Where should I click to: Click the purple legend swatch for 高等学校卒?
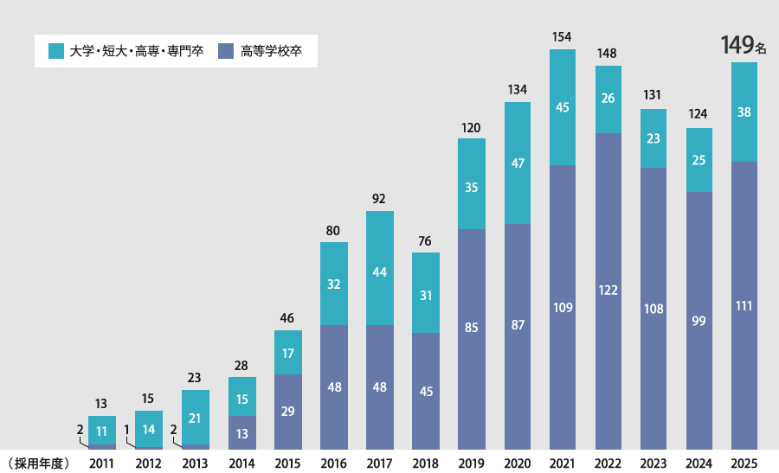[x=227, y=51]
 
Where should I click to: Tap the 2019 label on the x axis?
[x=471, y=463]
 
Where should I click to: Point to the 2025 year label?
[x=744, y=463]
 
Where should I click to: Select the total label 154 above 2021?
[x=563, y=37]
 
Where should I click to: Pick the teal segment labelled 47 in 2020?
[x=517, y=163]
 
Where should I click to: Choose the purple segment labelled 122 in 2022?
[x=608, y=291]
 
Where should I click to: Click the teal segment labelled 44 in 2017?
[x=380, y=268]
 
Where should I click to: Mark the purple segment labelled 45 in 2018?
[x=425, y=391]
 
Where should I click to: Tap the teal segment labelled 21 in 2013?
[x=196, y=418]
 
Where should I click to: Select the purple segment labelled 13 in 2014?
[x=242, y=432]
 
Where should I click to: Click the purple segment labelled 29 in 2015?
[x=288, y=412]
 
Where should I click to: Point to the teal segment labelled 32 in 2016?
[x=334, y=284]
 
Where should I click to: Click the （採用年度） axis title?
[x=37, y=463]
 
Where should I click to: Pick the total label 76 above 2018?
[x=425, y=240]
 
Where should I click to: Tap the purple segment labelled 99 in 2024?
[x=699, y=320]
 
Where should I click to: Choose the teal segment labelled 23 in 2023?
[x=653, y=138]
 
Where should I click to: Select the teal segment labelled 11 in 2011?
[x=102, y=431]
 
